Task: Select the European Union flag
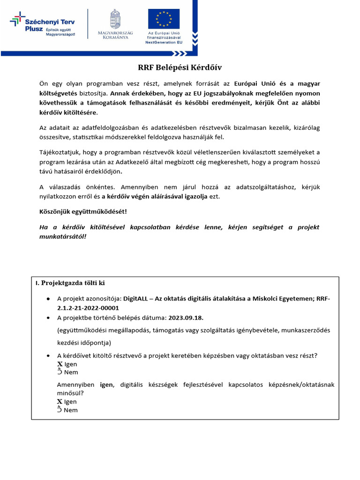(164, 19)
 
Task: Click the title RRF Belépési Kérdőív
(180, 67)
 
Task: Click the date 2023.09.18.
(186, 317)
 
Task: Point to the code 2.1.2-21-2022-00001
(88, 308)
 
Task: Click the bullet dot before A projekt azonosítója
(49, 299)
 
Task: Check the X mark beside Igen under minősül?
(60, 402)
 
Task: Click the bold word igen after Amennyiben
(106, 385)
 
